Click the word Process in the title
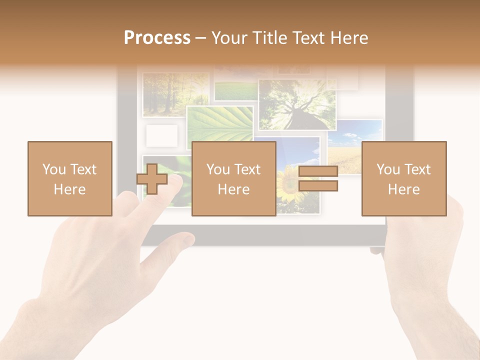pyautogui.click(x=157, y=37)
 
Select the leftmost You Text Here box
pyautogui.click(x=70, y=178)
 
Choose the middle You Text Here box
pyautogui.click(x=233, y=178)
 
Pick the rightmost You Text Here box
pyautogui.click(x=403, y=178)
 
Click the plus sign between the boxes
pyautogui.click(x=152, y=179)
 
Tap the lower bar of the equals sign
pyautogui.click(x=318, y=186)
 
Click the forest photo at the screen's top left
pyautogui.click(x=175, y=94)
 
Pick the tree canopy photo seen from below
pyautogui.click(x=296, y=104)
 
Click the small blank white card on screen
pyautogui.click(x=161, y=135)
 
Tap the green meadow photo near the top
pyautogui.click(x=235, y=90)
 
